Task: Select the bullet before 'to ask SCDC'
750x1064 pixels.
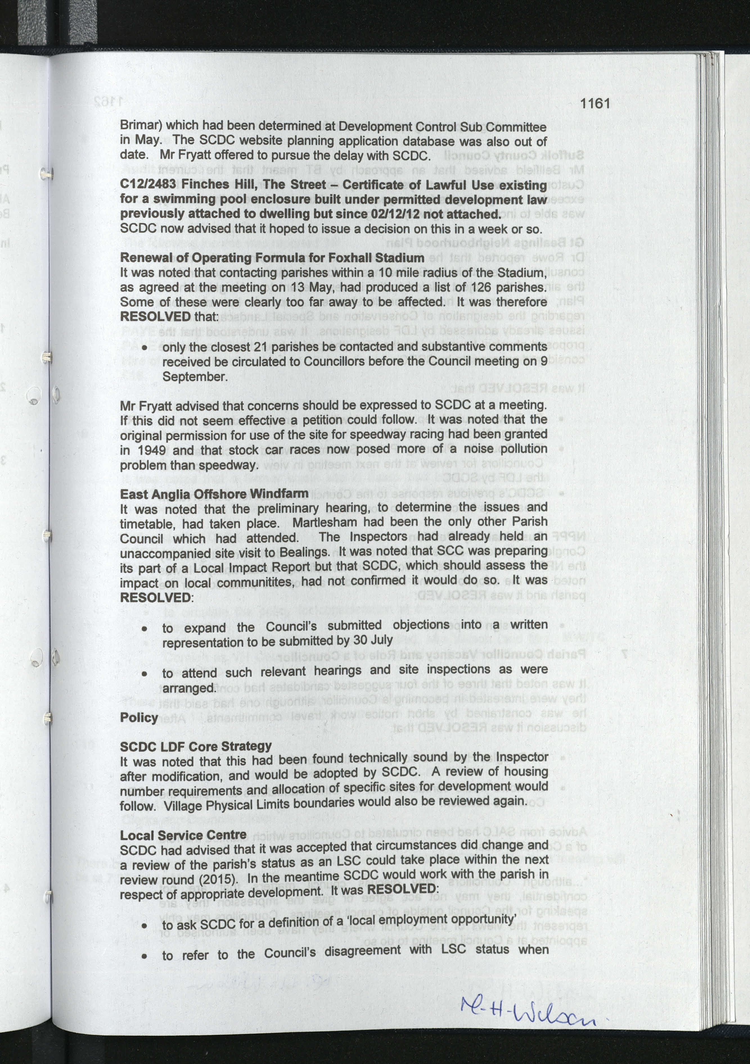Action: (x=145, y=926)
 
